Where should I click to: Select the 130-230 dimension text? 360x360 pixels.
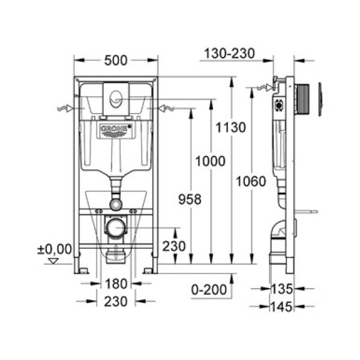coord(229,53)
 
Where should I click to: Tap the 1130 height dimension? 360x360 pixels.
coord(230,127)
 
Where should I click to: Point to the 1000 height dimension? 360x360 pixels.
coord(211,161)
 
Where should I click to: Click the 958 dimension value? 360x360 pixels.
coord(190,199)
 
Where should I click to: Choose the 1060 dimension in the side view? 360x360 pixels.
coord(251,181)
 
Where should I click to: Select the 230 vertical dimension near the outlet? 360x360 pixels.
coord(174,246)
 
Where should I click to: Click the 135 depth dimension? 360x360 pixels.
coord(281,289)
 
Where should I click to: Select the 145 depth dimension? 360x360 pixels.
coord(281,307)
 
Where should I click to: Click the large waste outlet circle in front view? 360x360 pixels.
coord(115,228)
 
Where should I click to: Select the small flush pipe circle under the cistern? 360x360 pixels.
coord(115,204)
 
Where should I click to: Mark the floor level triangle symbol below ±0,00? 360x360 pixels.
coord(55,261)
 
